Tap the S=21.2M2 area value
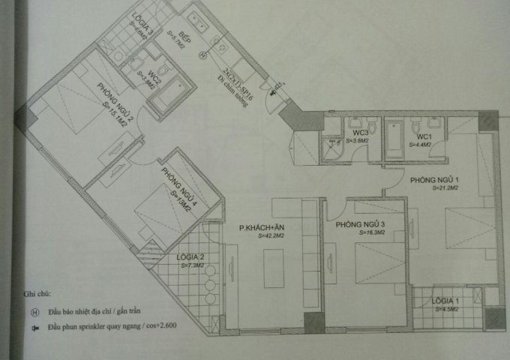click(445, 188)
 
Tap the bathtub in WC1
click(394, 140)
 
